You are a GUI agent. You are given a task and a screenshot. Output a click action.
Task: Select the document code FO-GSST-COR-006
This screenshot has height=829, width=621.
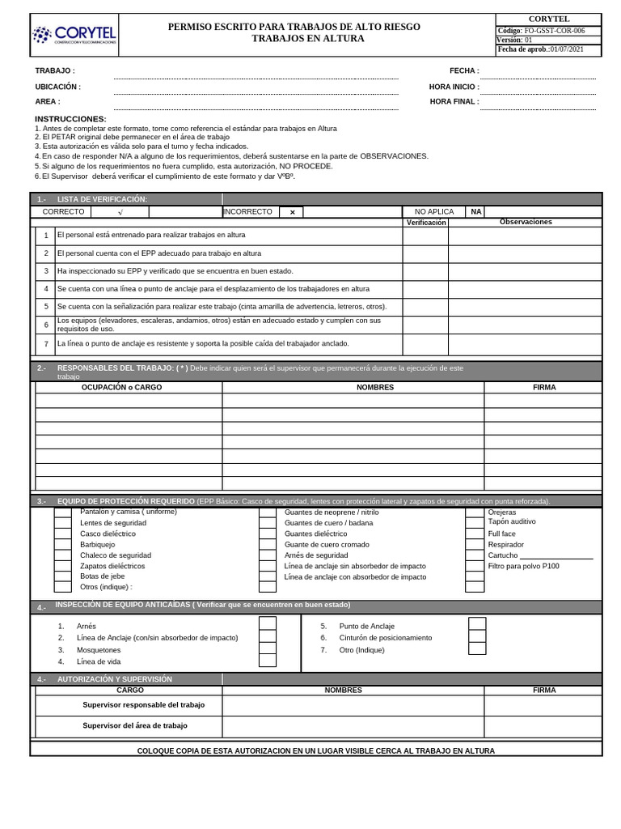pyautogui.click(x=554, y=31)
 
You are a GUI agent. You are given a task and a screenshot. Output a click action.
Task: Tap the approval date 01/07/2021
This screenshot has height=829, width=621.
pyautogui.click(x=566, y=49)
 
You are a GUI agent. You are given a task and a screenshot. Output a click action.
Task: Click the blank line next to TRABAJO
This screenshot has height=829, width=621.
pyautogui.click(x=256, y=74)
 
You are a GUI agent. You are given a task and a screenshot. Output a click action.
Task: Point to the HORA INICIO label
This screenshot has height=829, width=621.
pyautogui.click(x=454, y=87)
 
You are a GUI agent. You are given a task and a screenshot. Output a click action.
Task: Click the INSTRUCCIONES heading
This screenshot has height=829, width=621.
pyautogui.click(x=70, y=119)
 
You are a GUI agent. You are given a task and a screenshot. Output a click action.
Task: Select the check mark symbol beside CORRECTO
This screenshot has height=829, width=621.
pyautogui.click(x=120, y=212)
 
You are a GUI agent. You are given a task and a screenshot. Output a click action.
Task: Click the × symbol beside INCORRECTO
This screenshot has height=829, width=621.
pyautogui.click(x=292, y=212)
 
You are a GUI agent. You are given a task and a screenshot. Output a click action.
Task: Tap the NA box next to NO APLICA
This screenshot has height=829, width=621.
pyautogui.click(x=476, y=211)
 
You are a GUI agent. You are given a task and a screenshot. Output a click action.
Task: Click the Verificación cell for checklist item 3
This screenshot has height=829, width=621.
pyautogui.click(x=425, y=271)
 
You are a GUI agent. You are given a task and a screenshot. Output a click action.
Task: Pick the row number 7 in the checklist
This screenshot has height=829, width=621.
pyautogui.click(x=46, y=344)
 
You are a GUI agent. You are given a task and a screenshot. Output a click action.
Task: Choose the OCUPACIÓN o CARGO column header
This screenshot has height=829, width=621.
pyautogui.click(x=121, y=387)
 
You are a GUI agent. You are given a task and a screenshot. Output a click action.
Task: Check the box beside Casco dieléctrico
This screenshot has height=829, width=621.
pyautogui.click(x=63, y=534)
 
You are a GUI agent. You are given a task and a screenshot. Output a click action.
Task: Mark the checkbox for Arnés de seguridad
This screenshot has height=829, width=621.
pyautogui.click(x=268, y=555)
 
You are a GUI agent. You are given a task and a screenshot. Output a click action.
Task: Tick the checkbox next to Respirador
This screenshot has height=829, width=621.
pyautogui.click(x=475, y=545)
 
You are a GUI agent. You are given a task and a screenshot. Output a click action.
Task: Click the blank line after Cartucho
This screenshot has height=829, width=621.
pyautogui.click(x=556, y=555)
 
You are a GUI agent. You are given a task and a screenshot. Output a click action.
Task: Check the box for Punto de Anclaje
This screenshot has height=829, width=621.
pyautogui.click(x=477, y=624)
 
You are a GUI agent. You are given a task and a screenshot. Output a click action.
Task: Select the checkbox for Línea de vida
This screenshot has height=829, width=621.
pyautogui.click(x=268, y=661)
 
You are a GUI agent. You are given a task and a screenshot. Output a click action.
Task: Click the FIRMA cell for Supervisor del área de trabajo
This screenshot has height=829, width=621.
pyautogui.click(x=543, y=726)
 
